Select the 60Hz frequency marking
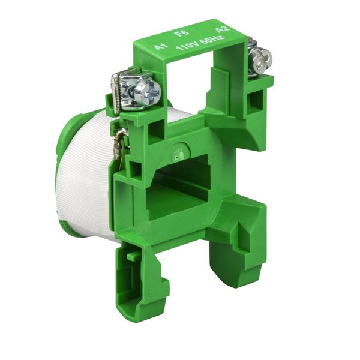211,40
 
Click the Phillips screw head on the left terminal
148,90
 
